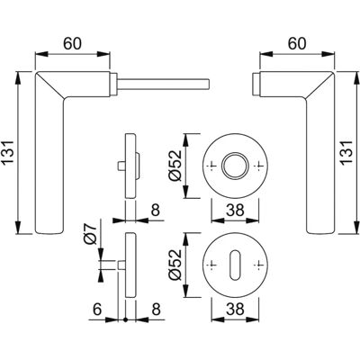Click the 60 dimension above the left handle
tap(72, 44)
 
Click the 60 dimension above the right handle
tap(297, 44)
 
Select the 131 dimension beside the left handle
tap(9, 153)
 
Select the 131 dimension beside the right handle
tap(347, 153)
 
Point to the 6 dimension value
tap(97, 310)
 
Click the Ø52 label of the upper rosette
tap(175, 166)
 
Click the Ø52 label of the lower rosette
tap(175, 265)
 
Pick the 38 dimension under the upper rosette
tap(235, 211)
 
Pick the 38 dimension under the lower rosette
tap(235, 310)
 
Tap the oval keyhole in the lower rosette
tap(235, 265)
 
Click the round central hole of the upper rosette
tap(235, 166)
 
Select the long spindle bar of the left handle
tap(164, 84)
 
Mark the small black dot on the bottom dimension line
tap(126, 319)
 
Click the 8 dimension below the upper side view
tap(156, 211)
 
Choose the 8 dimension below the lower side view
tap(156, 310)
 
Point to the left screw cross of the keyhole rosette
tap(212, 265)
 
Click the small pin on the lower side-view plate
tap(121, 265)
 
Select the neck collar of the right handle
tap(256, 84)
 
